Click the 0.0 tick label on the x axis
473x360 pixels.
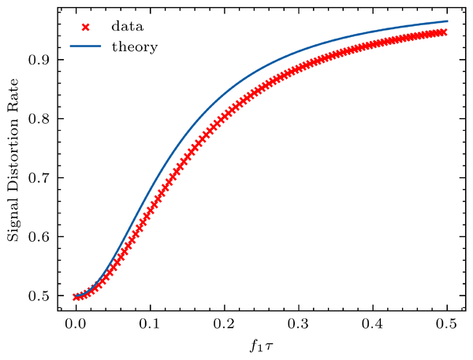pyautogui.click(x=76, y=324)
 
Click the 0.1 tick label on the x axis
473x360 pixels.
pyautogui.click(x=150, y=324)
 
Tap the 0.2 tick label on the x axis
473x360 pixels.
pyautogui.click(x=224, y=324)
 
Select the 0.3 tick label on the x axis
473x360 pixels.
pyautogui.click(x=298, y=324)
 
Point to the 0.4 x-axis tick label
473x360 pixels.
pyautogui.click(x=372, y=324)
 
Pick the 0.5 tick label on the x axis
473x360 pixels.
pyautogui.click(x=446, y=324)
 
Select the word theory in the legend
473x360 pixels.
pyautogui.click(x=134, y=46)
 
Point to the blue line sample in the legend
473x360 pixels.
pyautogui.click(x=86, y=46)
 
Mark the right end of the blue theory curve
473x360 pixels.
pyautogui.click(x=447, y=21)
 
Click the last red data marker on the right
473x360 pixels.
pyautogui.click(x=443, y=32)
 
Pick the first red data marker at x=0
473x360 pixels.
pyautogui.click(x=76, y=297)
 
